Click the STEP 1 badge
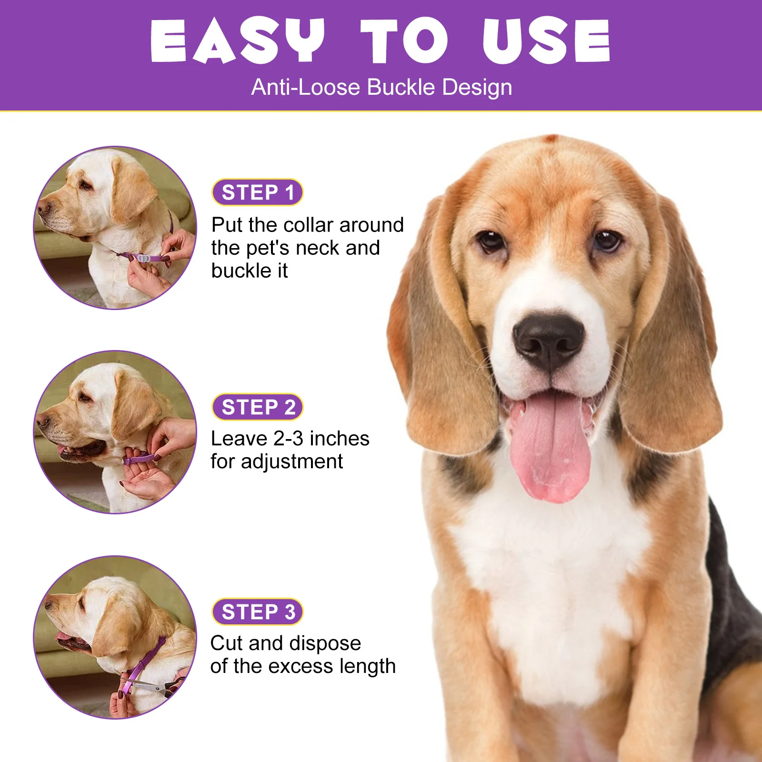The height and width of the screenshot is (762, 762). pos(257,192)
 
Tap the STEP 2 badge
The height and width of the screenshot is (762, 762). pos(257,407)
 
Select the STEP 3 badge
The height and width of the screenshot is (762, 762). pos(257,612)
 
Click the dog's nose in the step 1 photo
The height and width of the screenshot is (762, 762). pos(43,208)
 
